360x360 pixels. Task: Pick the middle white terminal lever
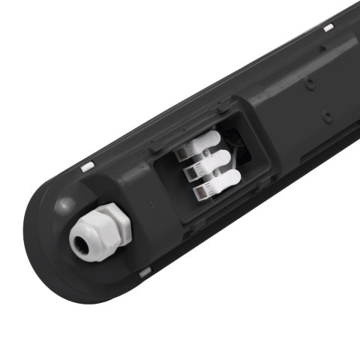(x=217, y=160)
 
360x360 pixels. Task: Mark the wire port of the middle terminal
(x=191, y=173)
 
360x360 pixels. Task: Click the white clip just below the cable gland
(x=145, y=272)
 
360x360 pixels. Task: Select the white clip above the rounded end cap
(x=88, y=165)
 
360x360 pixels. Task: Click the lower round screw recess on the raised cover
(x=328, y=116)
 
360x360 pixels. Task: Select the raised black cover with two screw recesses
(x=307, y=105)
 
